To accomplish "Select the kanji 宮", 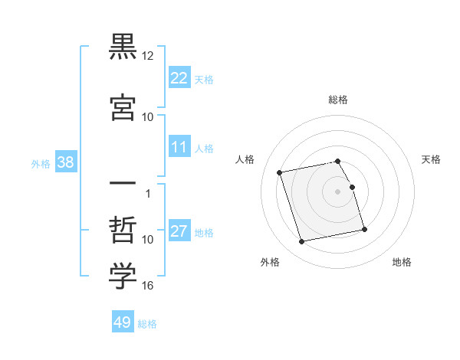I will [x=123, y=106].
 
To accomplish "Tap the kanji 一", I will [x=123, y=184].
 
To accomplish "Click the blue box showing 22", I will [x=179, y=78].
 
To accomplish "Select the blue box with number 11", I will [x=179, y=148].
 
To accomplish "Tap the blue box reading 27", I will [x=179, y=232].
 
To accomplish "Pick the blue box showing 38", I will [x=65, y=162].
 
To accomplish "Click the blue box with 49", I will [x=123, y=322].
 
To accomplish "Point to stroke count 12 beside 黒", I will [x=148, y=56].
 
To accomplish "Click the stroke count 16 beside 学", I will [x=148, y=286].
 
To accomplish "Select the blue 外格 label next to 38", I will [x=41, y=163].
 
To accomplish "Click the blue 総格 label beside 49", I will [x=147, y=324].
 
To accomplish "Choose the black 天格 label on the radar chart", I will [x=432, y=159].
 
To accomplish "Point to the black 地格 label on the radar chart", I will [x=402, y=262].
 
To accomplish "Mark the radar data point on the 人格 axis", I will [x=281, y=172].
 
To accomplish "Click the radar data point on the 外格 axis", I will [x=302, y=242].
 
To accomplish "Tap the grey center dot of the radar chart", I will [x=338, y=191].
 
